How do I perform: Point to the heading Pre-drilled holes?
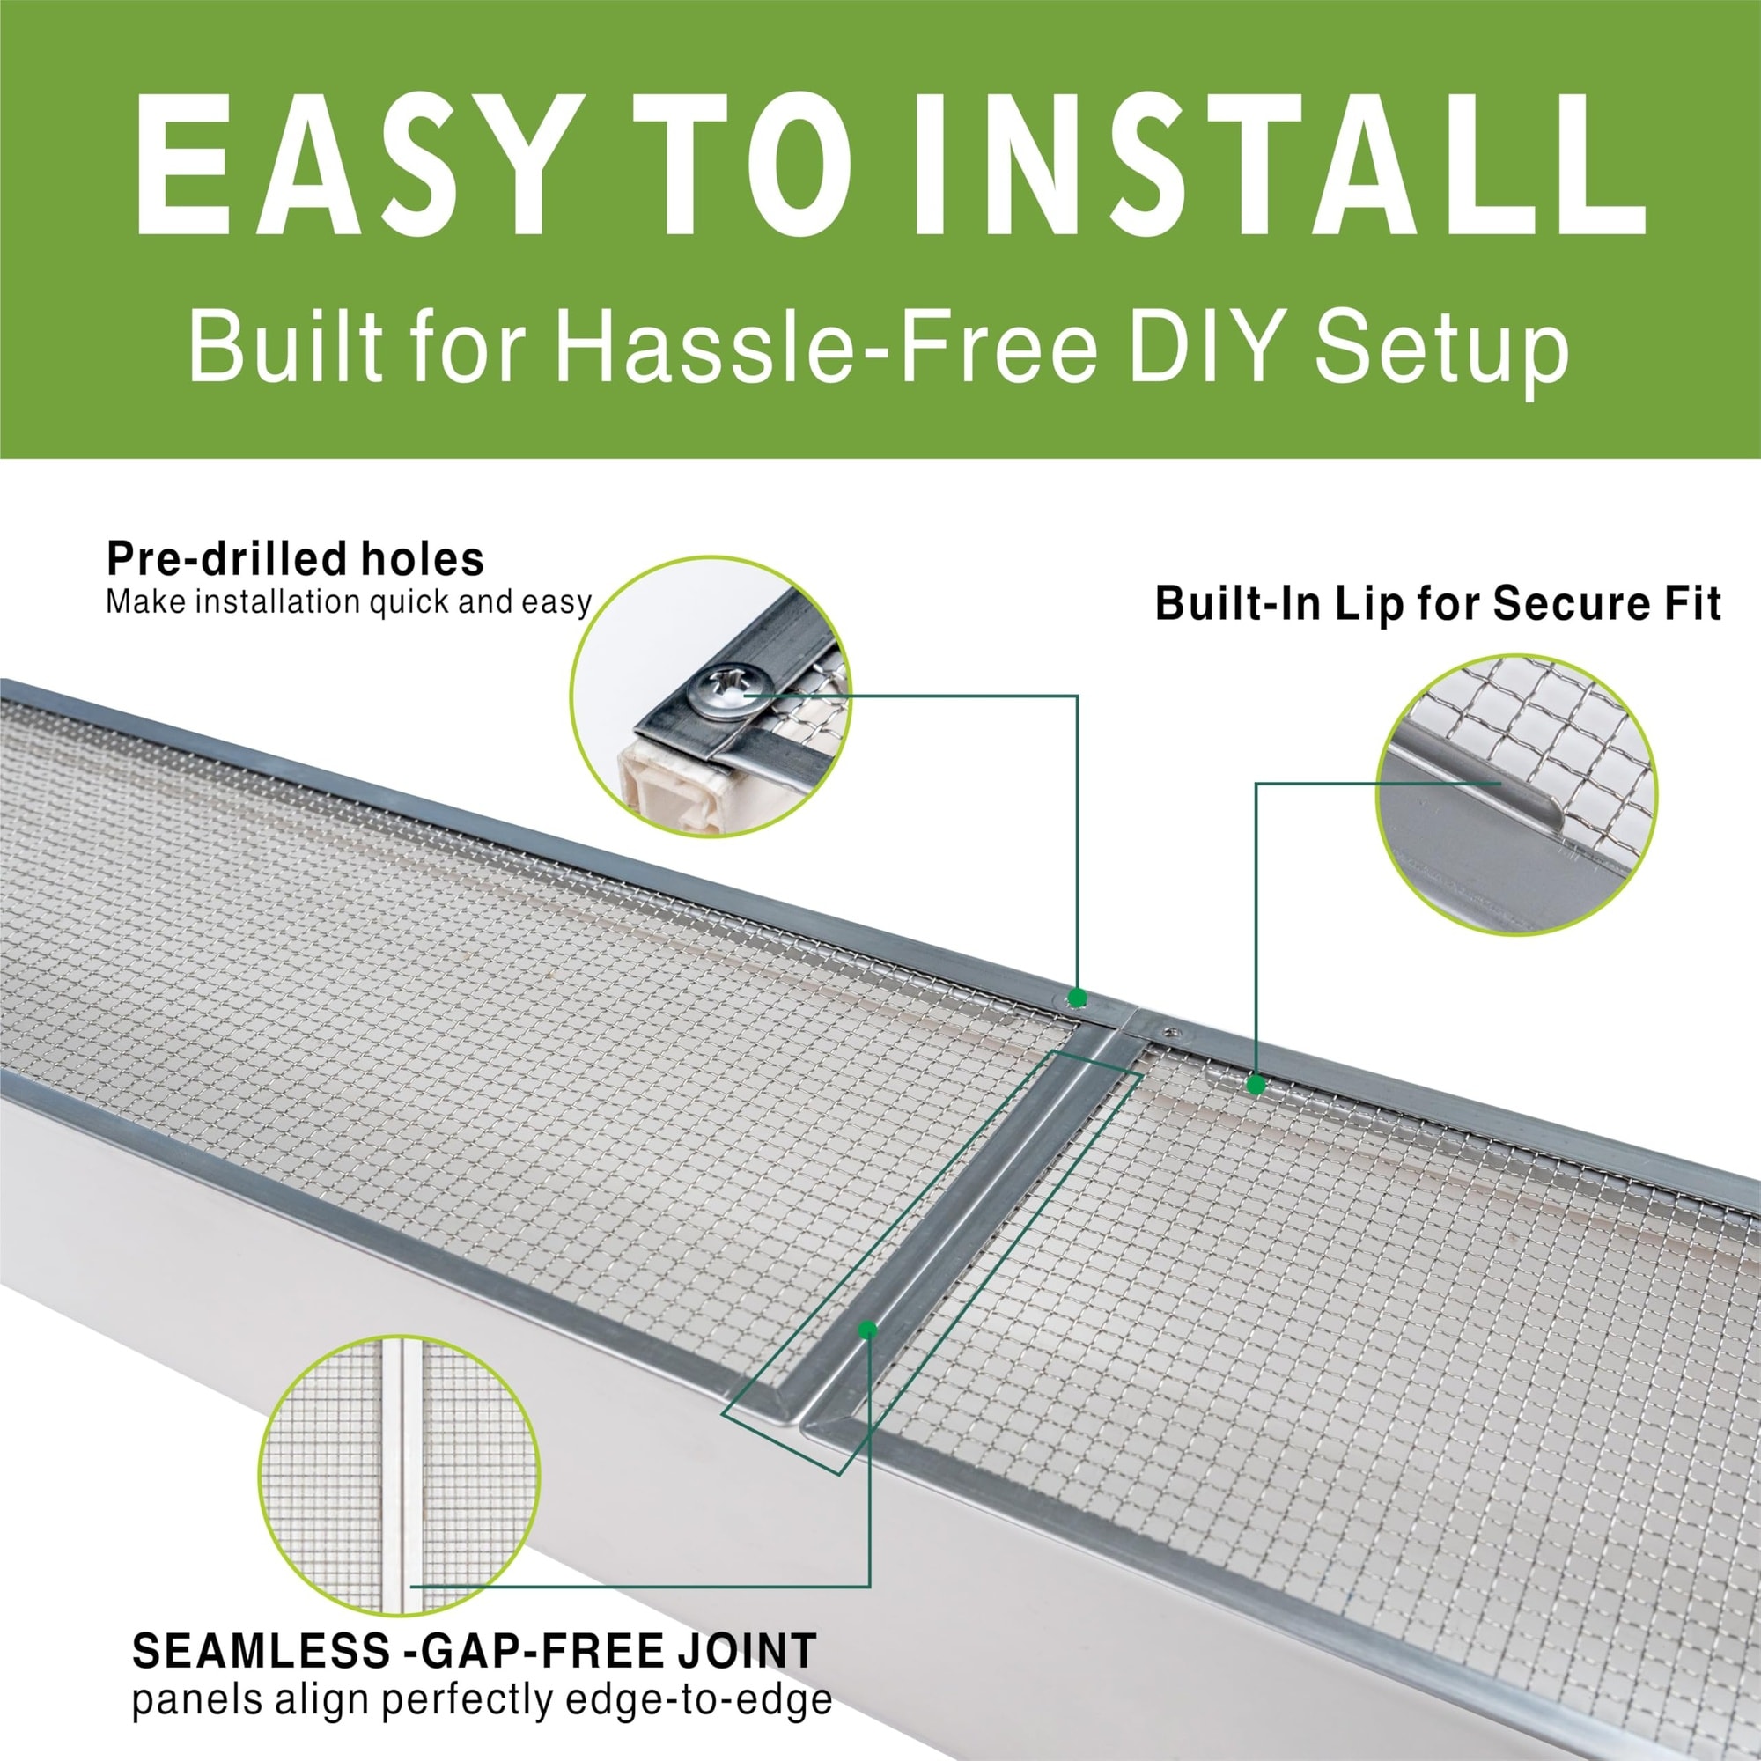(x=295, y=558)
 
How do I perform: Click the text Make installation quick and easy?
(x=349, y=603)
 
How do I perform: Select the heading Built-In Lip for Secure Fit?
(x=1438, y=603)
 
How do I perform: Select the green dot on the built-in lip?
(x=1256, y=1085)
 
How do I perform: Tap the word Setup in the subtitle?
(x=1442, y=351)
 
